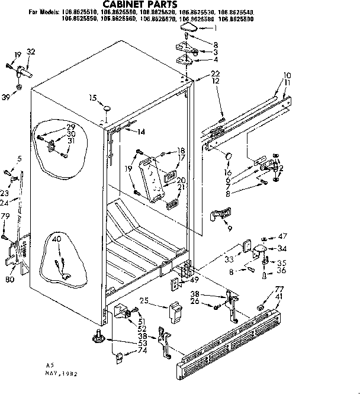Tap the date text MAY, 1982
tap(62, 374)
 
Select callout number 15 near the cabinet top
tap(92, 98)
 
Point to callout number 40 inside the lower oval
tap(57, 240)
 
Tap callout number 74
tap(142, 351)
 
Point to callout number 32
tap(31, 52)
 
